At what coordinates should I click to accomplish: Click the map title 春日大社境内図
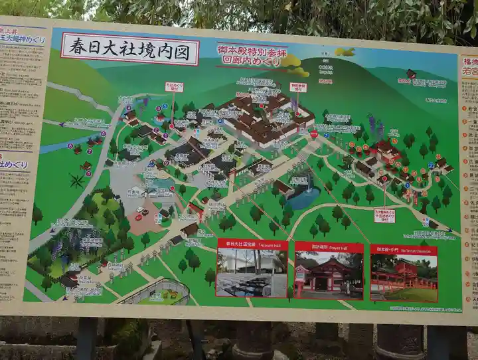coord(129,49)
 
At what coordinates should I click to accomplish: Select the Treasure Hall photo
coord(252,272)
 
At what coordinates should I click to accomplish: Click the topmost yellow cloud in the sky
coord(345,51)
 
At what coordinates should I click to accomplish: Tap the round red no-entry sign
coord(313,134)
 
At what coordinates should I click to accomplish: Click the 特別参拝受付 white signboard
coord(298,87)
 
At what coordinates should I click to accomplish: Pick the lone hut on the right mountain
coord(411,73)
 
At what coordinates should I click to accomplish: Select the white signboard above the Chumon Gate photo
coord(384,216)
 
